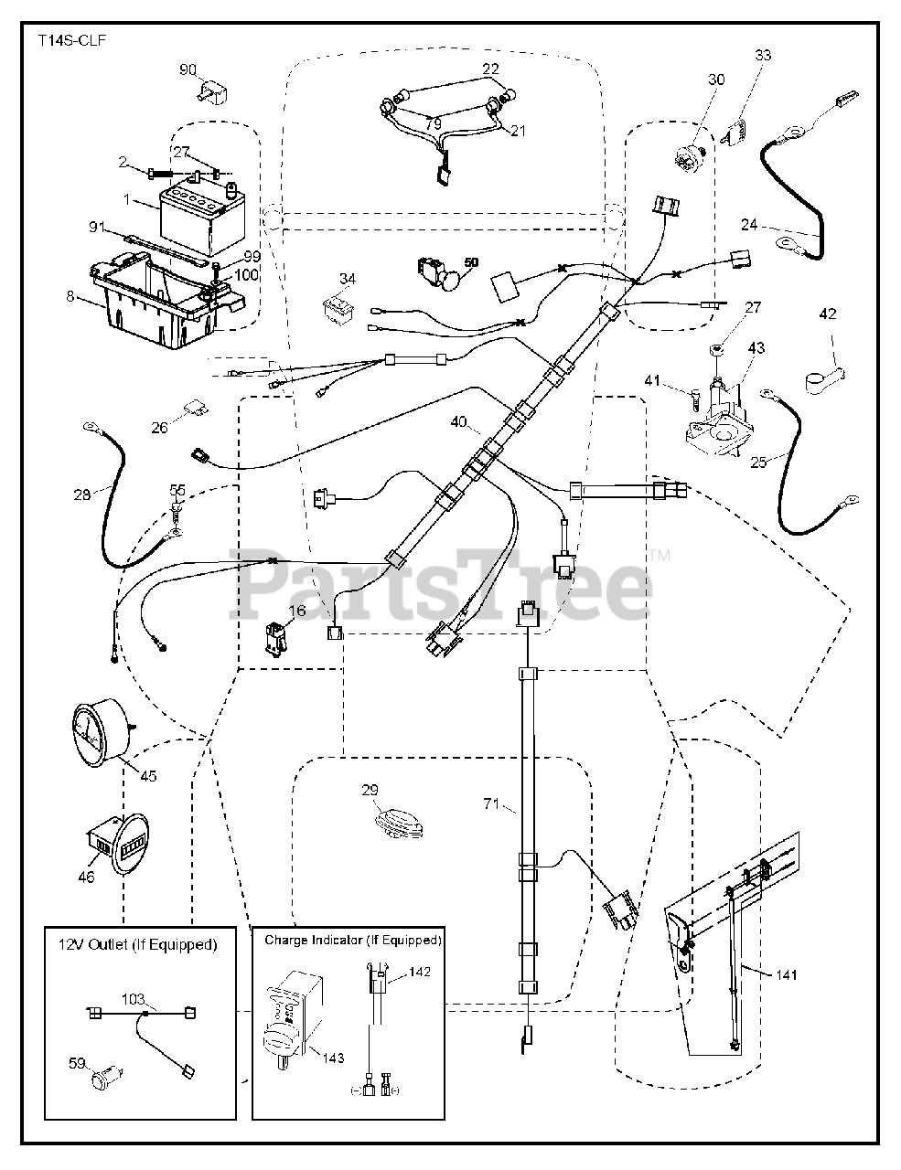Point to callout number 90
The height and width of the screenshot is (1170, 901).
click(x=188, y=70)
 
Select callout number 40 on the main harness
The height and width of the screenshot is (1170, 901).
click(x=458, y=421)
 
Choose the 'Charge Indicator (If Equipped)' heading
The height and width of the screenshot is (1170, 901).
click(x=353, y=940)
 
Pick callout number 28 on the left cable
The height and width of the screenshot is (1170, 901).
click(x=83, y=495)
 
